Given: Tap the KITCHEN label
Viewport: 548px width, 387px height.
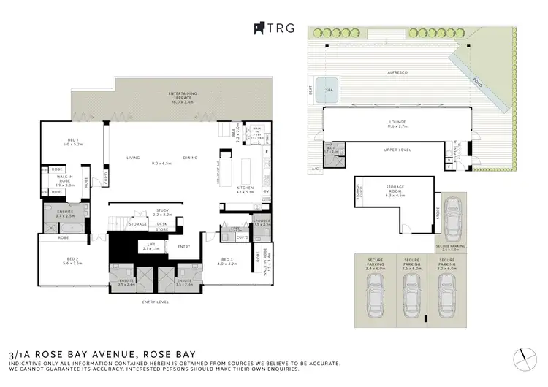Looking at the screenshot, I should [x=245, y=188].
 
